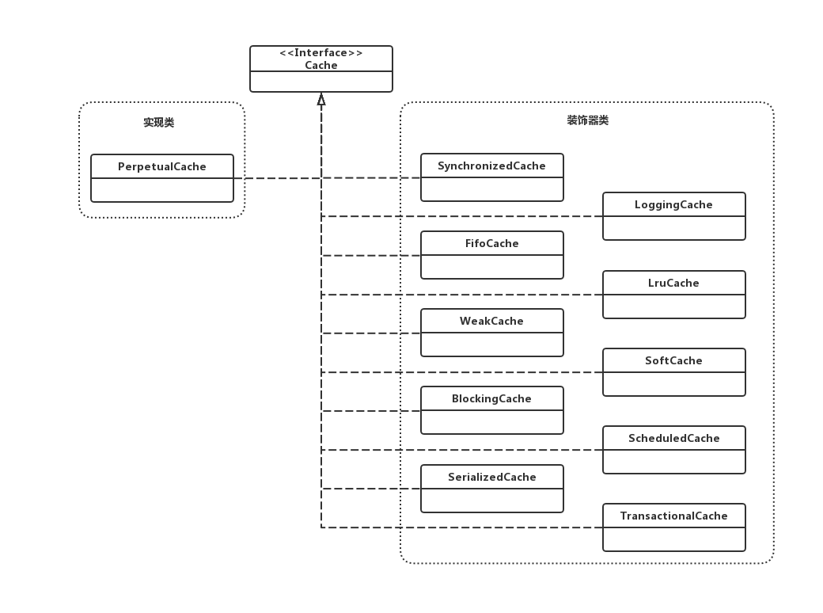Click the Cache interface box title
[321, 66]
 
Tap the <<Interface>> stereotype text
[321, 53]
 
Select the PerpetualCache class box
[162, 178]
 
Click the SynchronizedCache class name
[491, 166]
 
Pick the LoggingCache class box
[673, 215]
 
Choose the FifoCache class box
[491, 255]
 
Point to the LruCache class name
[673, 283]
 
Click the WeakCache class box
[491, 333]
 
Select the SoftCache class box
[673, 371]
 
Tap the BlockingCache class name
[491, 399]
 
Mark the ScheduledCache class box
[673, 449]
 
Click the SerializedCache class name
[491, 477]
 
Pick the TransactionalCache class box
[673, 527]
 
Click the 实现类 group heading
[158, 123]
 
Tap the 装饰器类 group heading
[587, 120]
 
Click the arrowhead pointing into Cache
[321, 99]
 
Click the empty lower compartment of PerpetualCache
[162, 190]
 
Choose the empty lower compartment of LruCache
[673, 306]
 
